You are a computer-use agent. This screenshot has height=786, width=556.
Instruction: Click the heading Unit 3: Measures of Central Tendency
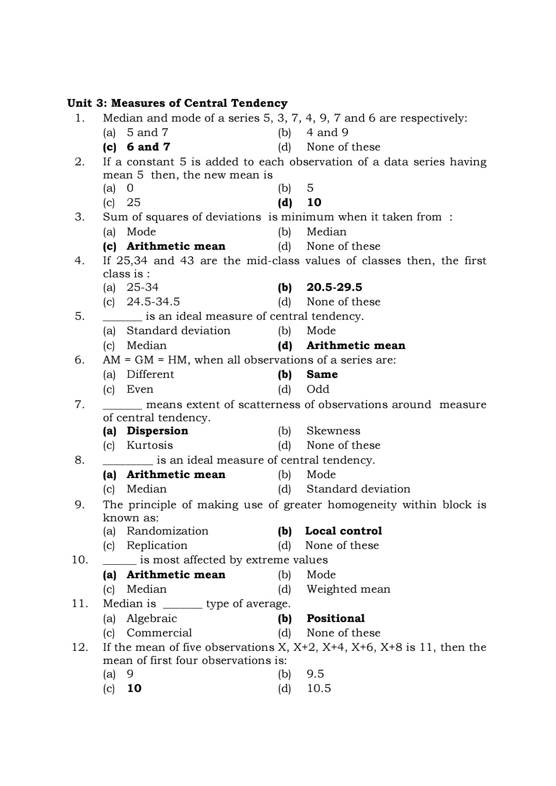[x=177, y=103]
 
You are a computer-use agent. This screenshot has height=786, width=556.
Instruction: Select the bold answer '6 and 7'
[x=148, y=147]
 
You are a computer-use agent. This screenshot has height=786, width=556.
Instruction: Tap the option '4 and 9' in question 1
[x=327, y=133]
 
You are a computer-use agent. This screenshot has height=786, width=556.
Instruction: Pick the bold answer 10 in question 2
[x=314, y=203]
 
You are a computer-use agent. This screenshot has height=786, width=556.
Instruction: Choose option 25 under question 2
[x=133, y=203]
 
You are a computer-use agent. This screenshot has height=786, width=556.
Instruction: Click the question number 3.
[x=80, y=217]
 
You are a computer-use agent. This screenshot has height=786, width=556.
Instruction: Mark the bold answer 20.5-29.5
[x=334, y=287]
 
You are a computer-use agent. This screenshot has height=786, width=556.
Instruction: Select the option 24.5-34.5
[x=153, y=302]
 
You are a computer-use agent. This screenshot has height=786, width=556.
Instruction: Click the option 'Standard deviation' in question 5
[x=178, y=331]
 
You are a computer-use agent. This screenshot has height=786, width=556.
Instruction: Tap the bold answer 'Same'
[x=322, y=374]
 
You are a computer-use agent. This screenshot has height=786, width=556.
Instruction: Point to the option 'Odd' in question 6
[x=318, y=389]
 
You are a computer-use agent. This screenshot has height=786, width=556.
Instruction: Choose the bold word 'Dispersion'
[x=157, y=431]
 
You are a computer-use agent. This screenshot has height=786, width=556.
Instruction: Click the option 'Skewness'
[x=333, y=431]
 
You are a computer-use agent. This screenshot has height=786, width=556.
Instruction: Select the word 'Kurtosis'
[x=150, y=445]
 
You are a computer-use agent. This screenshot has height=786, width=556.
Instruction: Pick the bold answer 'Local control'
[x=343, y=531]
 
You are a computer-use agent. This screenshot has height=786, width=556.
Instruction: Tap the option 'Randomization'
[x=168, y=531]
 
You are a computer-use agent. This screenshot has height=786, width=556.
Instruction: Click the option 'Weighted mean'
[x=348, y=589]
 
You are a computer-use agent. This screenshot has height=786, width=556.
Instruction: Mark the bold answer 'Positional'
[x=336, y=618]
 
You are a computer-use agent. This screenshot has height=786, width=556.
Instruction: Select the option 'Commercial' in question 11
[x=159, y=633]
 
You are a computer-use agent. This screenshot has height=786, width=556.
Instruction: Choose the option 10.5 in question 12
[x=319, y=688]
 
